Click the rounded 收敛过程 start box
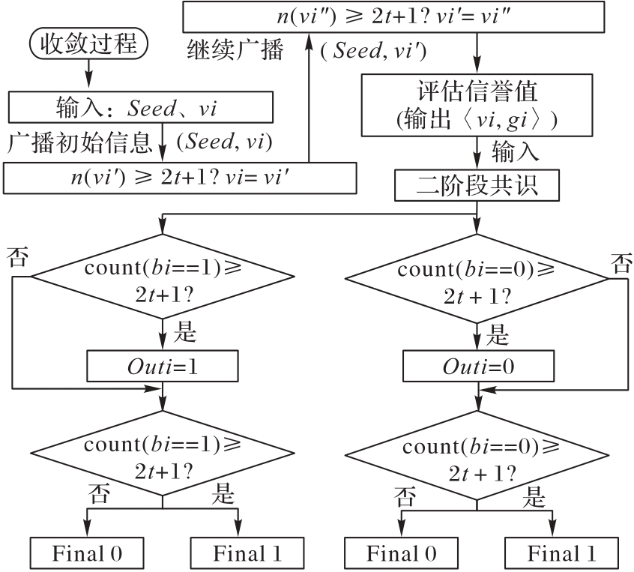coord(88,43)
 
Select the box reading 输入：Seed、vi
coord(138,106)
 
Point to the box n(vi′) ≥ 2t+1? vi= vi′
coord(180,178)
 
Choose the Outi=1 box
coord(163,367)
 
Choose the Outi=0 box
coord(477,367)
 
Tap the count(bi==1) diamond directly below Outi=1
coord(163,454)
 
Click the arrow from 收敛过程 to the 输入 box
coord(88,74)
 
